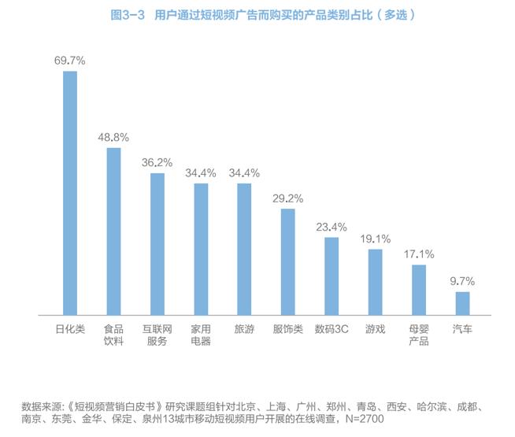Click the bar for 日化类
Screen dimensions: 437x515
tap(70, 193)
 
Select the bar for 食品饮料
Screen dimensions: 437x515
tap(113, 231)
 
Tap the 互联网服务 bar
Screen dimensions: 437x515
tap(157, 244)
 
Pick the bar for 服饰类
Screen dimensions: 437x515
tap(288, 262)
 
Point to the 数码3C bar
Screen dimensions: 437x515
tap(332, 276)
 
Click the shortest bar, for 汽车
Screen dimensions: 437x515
tap(462, 303)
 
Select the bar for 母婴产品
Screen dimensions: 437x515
tap(419, 290)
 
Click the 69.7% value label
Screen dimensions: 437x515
tap(69, 60)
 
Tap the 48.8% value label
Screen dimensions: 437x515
tap(113, 136)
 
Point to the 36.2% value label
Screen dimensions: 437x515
tap(157, 162)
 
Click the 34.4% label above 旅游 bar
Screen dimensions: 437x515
tap(244, 172)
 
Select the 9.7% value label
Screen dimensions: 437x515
tap(462, 281)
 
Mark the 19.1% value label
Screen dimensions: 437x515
tap(375, 239)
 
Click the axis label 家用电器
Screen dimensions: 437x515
tap(201, 335)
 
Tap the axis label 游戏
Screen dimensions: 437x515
tap(375, 329)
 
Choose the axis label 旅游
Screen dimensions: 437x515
tap(244, 329)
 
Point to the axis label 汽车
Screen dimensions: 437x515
tap(462, 329)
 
